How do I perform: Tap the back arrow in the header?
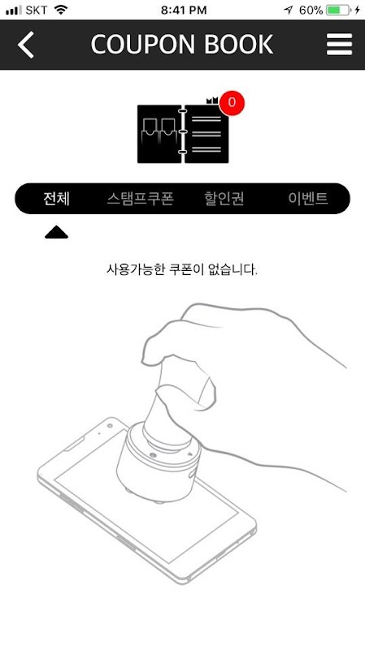(x=26, y=45)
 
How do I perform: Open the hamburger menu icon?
(x=339, y=45)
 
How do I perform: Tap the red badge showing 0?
(x=232, y=103)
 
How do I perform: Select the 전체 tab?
(x=56, y=199)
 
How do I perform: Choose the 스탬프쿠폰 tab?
(x=140, y=199)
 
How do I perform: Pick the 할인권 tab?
(x=224, y=199)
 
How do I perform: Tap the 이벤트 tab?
(x=308, y=199)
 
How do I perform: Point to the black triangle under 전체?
(x=56, y=234)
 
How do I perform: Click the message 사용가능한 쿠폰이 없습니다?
(x=182, y=270)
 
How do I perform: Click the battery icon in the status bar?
(x=338, y=10)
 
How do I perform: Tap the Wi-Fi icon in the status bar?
(x=61, y=10)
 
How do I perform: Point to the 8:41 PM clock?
(x=184, y=10)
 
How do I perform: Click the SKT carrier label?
(x=36, y=10)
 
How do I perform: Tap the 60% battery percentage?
(x=311, y=10)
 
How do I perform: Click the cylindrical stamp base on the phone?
(x=158, y=462)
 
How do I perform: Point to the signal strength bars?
(x=14, y=11)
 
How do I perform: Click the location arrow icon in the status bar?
(x=289, y=10)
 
